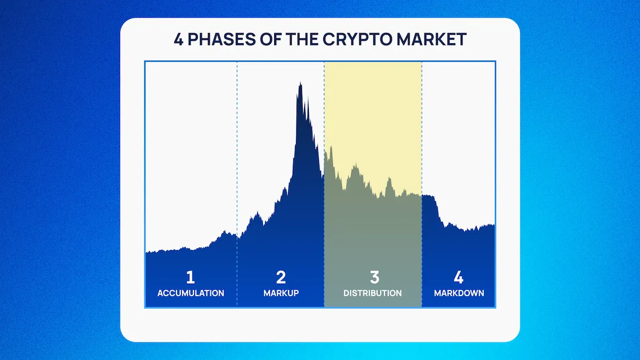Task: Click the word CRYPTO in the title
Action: point(357,39)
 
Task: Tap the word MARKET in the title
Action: point(431,39)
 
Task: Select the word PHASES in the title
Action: point(221,39)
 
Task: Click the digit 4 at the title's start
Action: point(178,39)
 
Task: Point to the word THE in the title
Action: point(302,39)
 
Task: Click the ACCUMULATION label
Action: point(191,293)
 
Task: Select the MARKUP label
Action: point(281,293)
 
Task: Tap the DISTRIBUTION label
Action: point(373,293)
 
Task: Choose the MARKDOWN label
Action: point(459,293)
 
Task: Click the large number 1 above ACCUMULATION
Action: point(190,277)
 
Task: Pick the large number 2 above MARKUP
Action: point(281,277)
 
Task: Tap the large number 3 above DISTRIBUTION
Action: point(374,277)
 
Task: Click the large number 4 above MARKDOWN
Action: point(459,277)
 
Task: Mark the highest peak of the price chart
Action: point(300,82)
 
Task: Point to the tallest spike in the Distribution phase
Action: point(331,147)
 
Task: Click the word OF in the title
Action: point(270,39)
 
